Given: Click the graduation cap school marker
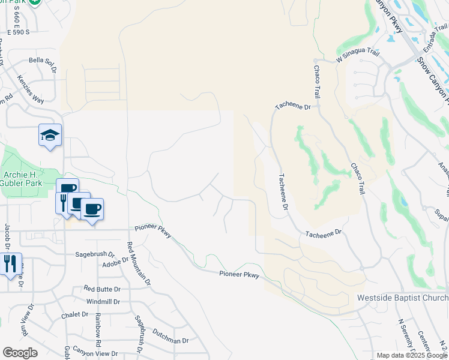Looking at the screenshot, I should click(x=50, y=136).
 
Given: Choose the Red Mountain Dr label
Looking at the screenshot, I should click(x=138, y=264).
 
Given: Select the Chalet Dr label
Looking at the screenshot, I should click(x=75, y=314).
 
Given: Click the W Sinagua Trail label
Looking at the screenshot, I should click(x=357, y=57).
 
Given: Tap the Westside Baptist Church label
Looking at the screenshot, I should click(x=402, y=298).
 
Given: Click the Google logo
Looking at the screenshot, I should click(x=19, y=353).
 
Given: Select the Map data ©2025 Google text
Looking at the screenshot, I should click(x=412, y=355).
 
